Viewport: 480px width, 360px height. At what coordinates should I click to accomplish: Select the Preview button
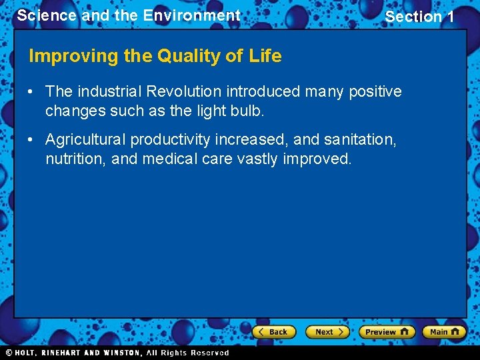[386, 331]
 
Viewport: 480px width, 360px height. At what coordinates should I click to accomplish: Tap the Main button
[444, 331]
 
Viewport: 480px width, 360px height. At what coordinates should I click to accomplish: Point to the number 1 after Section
[449, 17]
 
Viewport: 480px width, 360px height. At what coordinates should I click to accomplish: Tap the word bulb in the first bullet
[249, 111]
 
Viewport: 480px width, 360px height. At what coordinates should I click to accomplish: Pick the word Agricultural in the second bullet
[85, 139]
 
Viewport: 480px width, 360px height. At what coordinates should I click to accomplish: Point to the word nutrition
[75, 159]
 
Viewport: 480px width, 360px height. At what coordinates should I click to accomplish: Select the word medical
[176, 159]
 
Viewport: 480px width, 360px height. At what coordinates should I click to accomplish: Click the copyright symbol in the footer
[9, 353]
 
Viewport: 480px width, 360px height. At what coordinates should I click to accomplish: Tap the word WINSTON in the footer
[122, 353]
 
